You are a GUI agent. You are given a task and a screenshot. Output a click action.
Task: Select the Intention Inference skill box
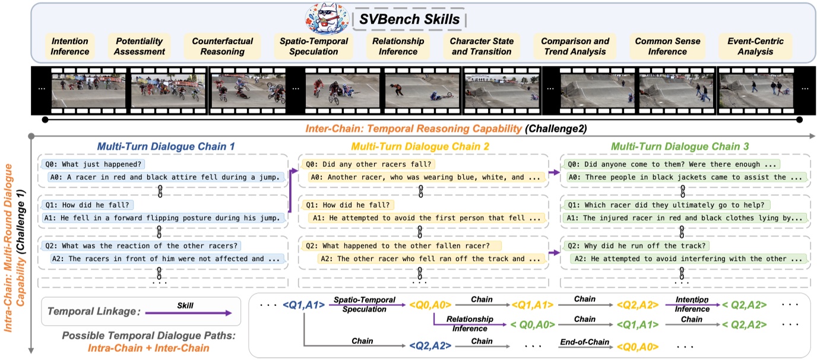click(x=70, y=46)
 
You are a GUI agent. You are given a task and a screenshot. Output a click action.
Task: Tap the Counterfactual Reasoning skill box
click(x=223, y=46)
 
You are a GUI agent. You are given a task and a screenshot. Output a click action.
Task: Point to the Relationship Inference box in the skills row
click(x=398, y=46)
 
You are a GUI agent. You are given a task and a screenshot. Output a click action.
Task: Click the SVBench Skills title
click(x=409, y=20)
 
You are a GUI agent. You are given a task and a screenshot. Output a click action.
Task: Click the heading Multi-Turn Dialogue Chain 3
click(x=680, y=146)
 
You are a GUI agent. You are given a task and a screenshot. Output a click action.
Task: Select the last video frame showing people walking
click(x=755, y=89)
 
